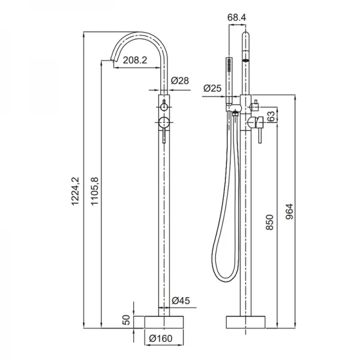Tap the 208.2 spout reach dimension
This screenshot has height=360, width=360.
136,59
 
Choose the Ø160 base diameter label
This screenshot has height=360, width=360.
160,338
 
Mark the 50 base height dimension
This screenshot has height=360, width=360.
125,320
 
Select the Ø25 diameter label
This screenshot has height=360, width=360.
212,88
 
